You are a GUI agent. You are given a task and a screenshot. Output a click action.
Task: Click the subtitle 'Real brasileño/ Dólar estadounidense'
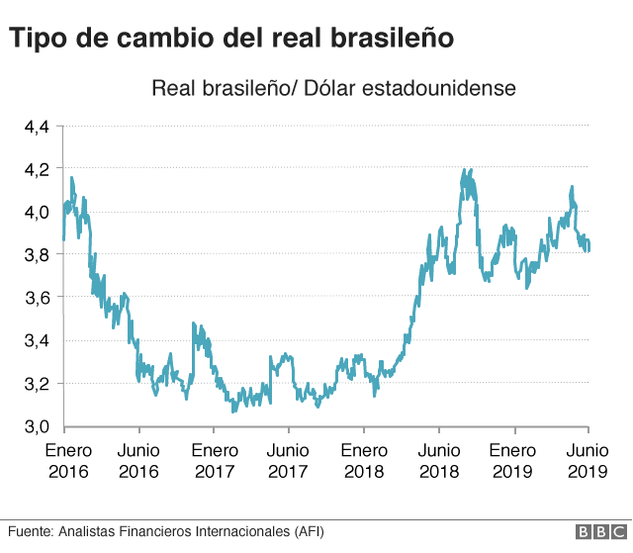333,89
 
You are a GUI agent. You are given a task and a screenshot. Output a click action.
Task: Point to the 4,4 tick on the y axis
37,127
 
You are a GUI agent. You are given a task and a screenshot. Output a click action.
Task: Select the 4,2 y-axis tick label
37,169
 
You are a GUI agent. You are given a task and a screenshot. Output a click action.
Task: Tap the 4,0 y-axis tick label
37,212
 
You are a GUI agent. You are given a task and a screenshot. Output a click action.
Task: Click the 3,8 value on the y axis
37,255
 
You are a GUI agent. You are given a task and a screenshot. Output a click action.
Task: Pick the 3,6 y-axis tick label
37,298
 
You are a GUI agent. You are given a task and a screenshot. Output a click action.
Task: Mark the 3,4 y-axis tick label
37,341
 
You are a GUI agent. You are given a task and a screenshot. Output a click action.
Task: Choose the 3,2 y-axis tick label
37,384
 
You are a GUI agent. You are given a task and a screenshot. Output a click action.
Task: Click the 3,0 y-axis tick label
37,426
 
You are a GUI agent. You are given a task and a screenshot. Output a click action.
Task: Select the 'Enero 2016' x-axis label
67,461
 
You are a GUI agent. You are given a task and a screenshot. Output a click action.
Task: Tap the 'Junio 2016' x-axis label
138,461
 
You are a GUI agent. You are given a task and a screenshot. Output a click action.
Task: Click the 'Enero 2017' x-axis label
214,461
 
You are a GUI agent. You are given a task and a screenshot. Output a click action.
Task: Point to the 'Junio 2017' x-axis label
288,461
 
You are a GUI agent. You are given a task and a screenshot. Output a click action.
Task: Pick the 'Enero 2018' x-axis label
363,461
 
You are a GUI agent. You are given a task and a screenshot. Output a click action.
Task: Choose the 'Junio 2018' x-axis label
437,461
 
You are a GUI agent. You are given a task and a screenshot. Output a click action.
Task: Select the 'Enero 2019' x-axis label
512,461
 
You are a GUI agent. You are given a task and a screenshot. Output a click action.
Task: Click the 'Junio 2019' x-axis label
588,461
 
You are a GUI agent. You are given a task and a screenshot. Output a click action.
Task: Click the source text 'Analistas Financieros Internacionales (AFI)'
189,532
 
